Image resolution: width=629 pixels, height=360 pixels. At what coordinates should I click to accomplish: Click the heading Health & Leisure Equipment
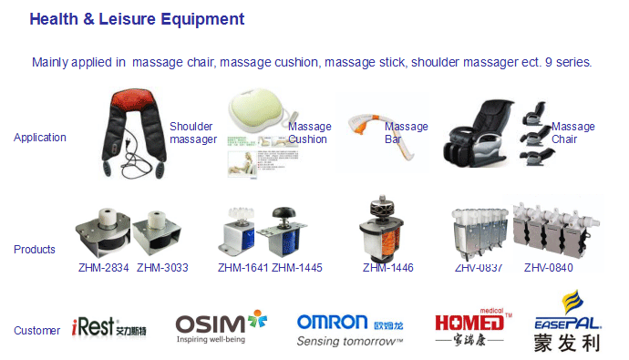137,18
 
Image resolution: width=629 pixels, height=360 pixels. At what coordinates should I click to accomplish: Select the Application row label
40,138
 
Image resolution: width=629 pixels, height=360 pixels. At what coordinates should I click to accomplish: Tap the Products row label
35,249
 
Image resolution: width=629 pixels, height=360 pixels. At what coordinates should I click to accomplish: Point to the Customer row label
36,330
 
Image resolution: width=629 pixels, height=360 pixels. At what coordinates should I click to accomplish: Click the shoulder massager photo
133,131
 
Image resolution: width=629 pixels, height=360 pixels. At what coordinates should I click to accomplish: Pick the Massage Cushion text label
309,133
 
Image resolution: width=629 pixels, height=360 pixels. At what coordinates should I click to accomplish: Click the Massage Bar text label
406,133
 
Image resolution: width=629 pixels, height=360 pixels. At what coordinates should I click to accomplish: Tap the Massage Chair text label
572,133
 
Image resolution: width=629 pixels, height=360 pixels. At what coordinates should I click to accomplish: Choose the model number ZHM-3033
162,268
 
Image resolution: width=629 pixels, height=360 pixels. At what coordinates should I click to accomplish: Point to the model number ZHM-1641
242,268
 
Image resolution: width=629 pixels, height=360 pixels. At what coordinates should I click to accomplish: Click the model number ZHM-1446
388,268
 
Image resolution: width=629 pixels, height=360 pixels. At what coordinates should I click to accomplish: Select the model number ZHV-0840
550,268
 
